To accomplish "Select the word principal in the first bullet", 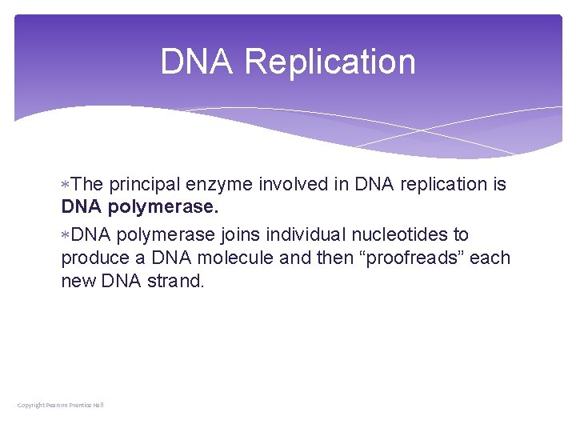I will pos(145,184).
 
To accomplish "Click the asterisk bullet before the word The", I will pos(65,185).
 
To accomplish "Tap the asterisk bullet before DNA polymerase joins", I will pos(65,235).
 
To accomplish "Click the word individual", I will pos(308,235).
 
